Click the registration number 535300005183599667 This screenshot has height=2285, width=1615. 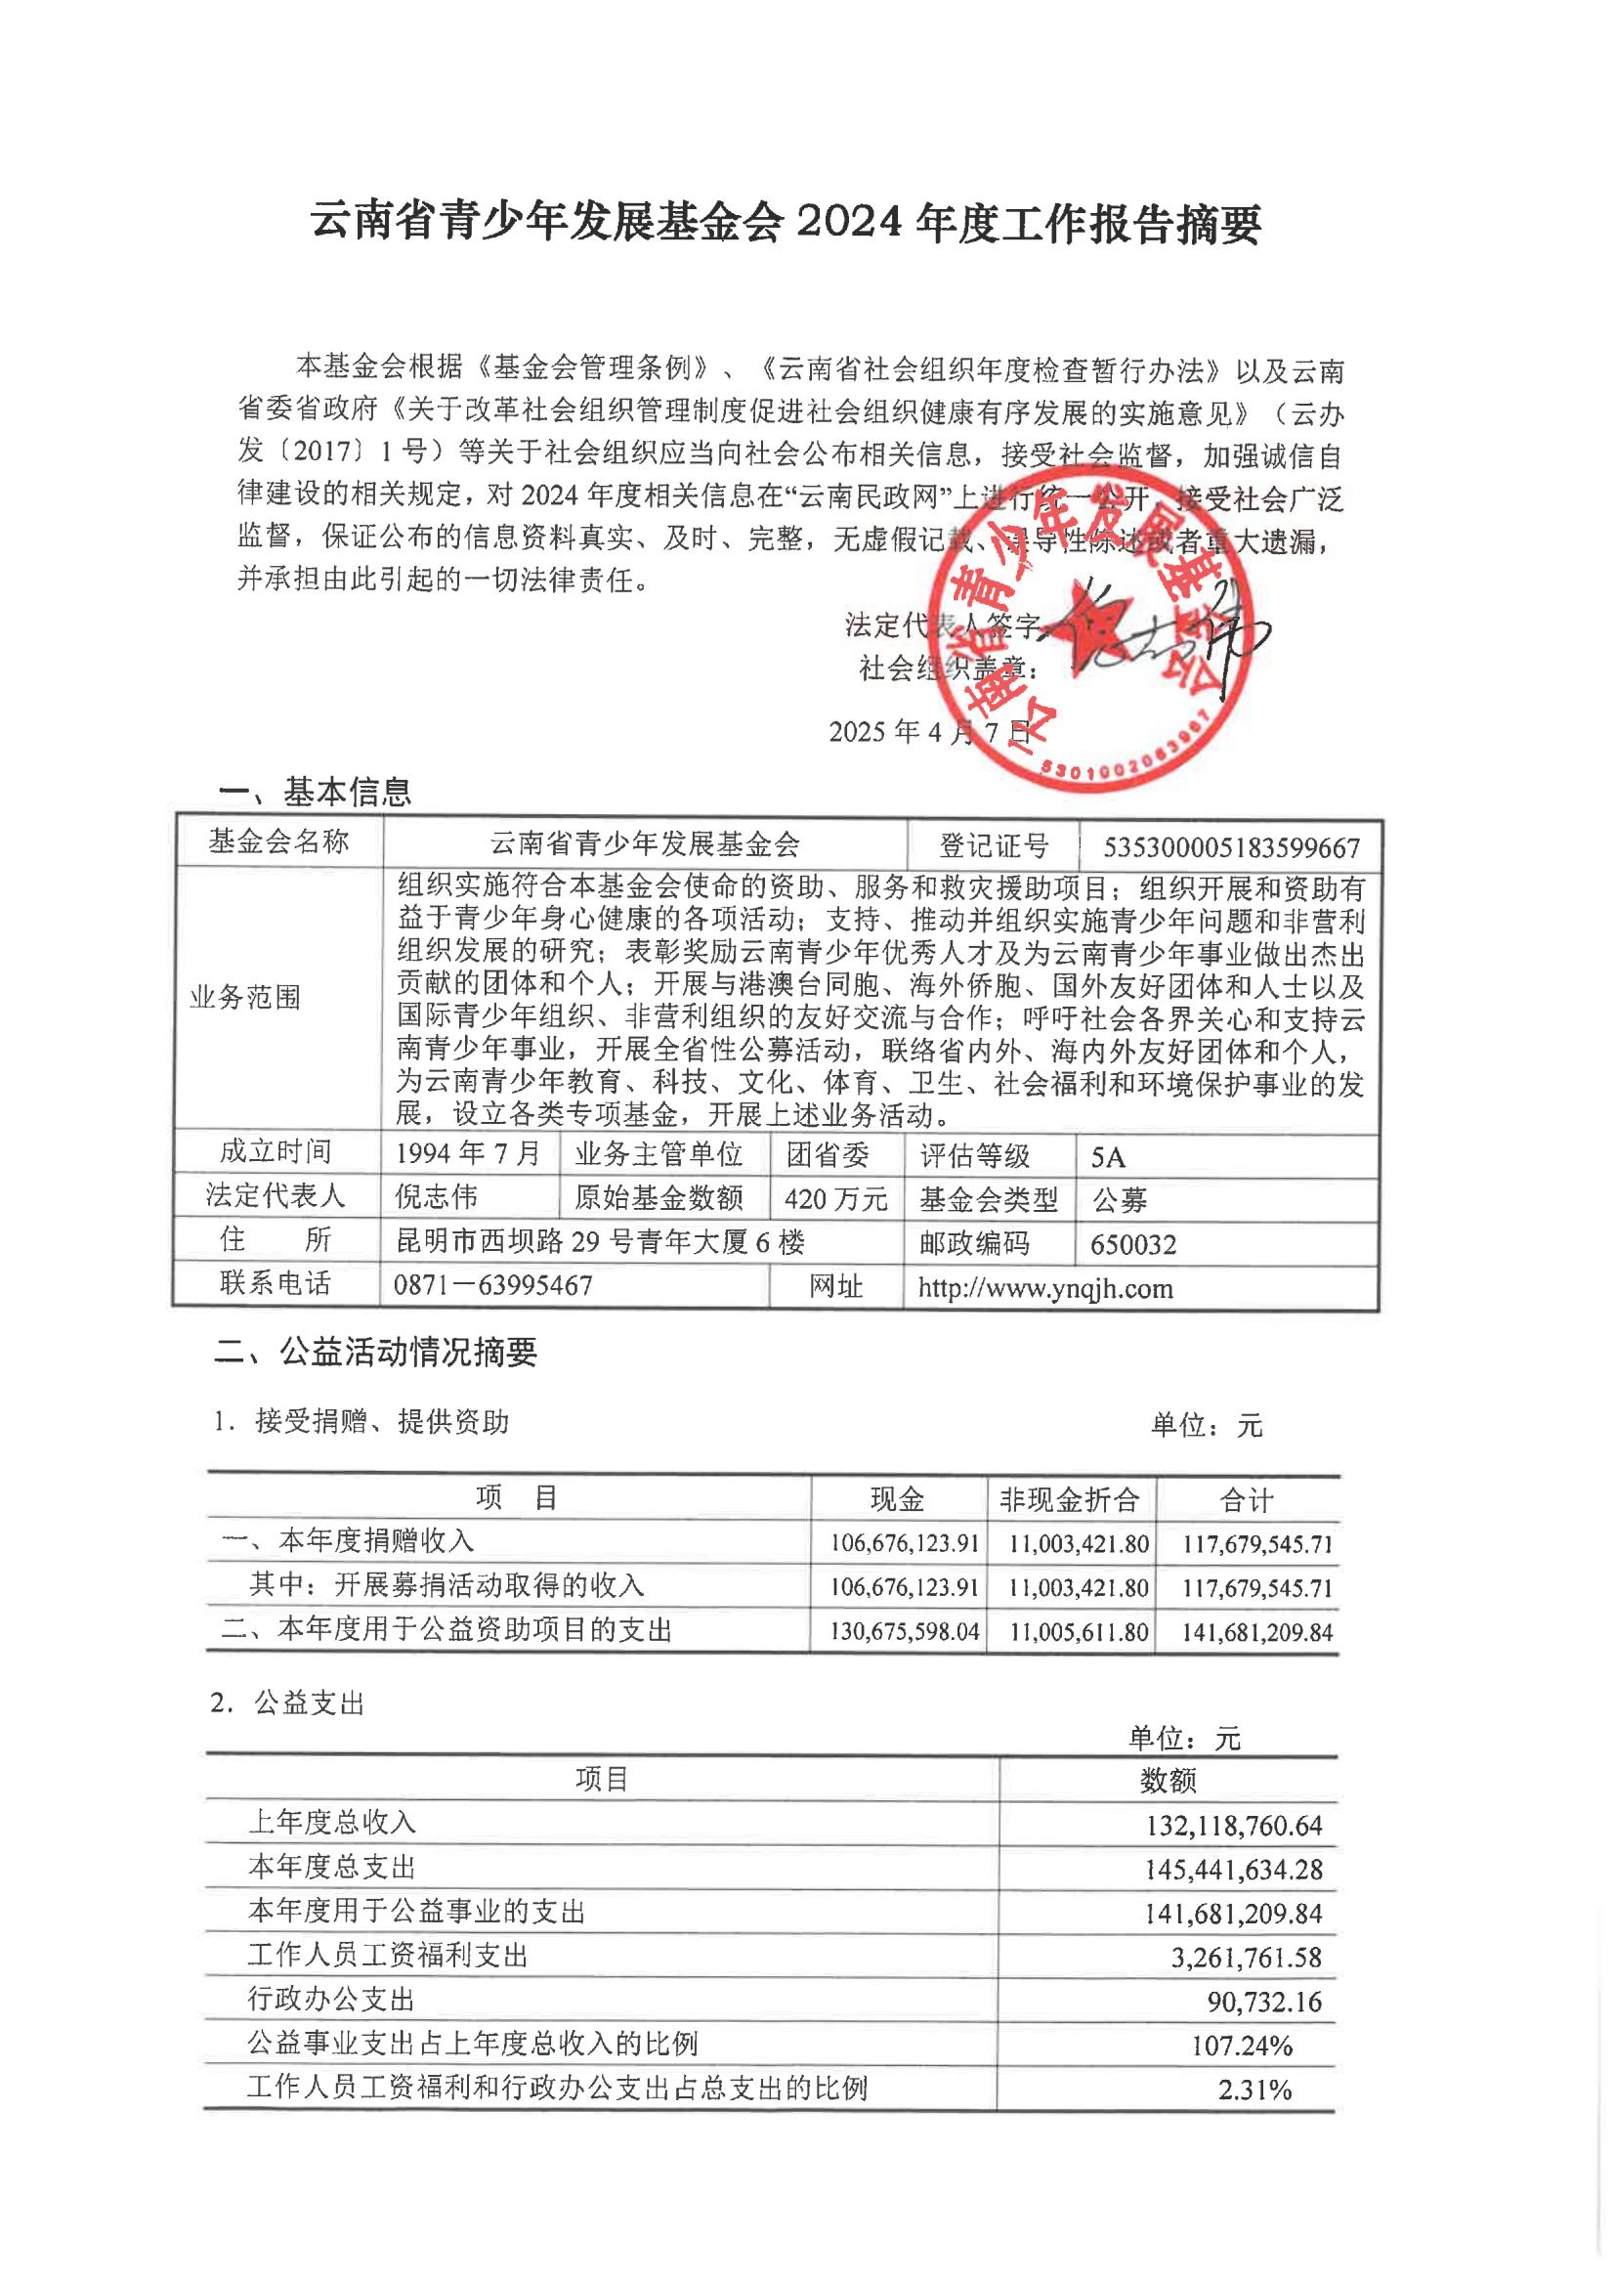click(x=1231, y=847)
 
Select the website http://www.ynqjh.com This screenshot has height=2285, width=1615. click(x=1044, y=1289)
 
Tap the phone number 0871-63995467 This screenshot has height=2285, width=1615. click(x=492, y=1285)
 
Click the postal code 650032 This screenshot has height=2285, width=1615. click(x=1132, y=1244)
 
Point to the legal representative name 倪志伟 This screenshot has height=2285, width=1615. click(x=436, y=1196)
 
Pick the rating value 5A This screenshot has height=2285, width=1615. click(x=1108, y=1156)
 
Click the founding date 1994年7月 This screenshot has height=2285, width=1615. click(x=468, y=1153)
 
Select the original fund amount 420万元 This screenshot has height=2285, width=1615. click(x=835, y=1199)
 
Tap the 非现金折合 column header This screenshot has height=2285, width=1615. click(x=1069, y=1499)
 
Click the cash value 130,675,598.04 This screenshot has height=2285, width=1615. click(x=905, y=1632)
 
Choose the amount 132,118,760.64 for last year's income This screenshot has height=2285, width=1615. click(x=1233, y=1826)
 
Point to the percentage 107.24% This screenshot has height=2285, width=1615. click(x=1242, y=2047)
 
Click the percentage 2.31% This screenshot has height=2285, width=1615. click(x=1254, y=2090)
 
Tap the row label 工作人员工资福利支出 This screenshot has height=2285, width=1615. click(x=387, y=1956)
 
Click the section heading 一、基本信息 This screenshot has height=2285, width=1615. click(x=315, y=793)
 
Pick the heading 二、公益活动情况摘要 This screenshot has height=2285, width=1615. click(x=376, y=1352)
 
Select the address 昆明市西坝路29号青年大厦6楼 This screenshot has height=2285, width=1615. click(x=600, y=1241)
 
